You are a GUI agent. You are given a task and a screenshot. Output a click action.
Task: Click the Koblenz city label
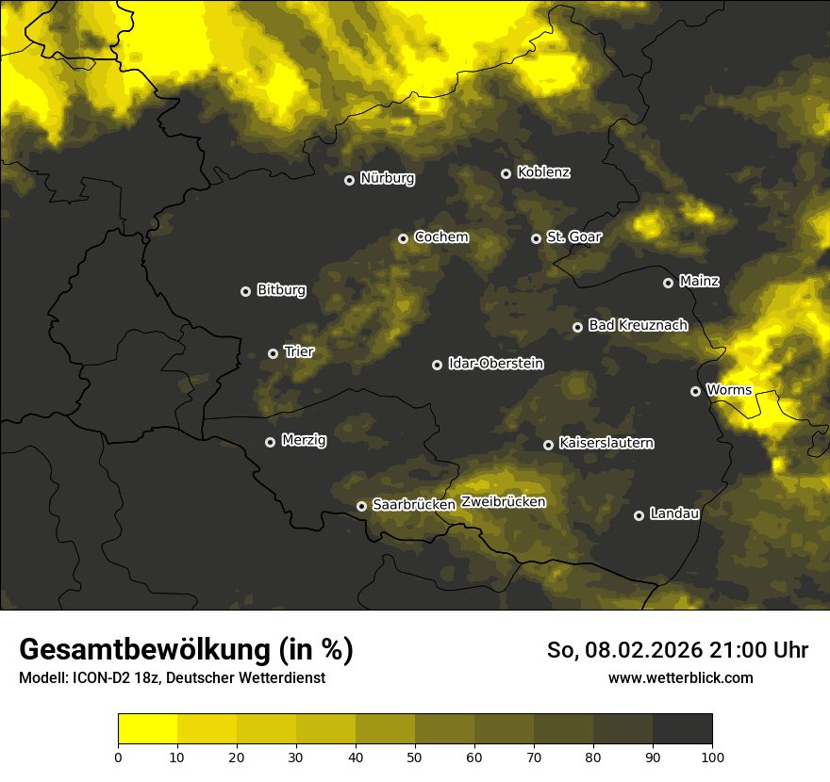543,172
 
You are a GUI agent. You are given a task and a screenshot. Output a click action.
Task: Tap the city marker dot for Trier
274,353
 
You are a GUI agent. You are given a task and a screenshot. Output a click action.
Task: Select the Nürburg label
387,179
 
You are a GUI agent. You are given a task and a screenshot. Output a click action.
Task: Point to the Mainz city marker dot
669,283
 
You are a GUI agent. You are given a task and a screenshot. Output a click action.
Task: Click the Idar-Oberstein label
496,364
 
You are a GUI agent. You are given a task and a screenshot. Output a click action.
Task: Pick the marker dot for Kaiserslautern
549,445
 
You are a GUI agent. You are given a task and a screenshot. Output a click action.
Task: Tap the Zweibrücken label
503,502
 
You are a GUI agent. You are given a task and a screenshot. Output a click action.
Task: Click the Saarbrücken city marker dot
361,506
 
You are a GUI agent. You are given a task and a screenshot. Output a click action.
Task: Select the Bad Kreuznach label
638,325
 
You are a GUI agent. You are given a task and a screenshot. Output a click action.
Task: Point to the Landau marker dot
639,515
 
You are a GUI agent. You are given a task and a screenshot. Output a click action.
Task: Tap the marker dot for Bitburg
246,292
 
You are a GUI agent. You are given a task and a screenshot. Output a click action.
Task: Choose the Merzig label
304,440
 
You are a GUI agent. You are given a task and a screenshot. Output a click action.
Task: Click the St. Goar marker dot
537,238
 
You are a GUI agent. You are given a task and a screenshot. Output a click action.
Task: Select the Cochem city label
440,236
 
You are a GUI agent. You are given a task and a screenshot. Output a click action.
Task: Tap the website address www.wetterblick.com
680,677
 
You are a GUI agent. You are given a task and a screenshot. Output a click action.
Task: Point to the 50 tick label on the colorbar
415,756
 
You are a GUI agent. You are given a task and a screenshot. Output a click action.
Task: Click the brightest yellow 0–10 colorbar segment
148,728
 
